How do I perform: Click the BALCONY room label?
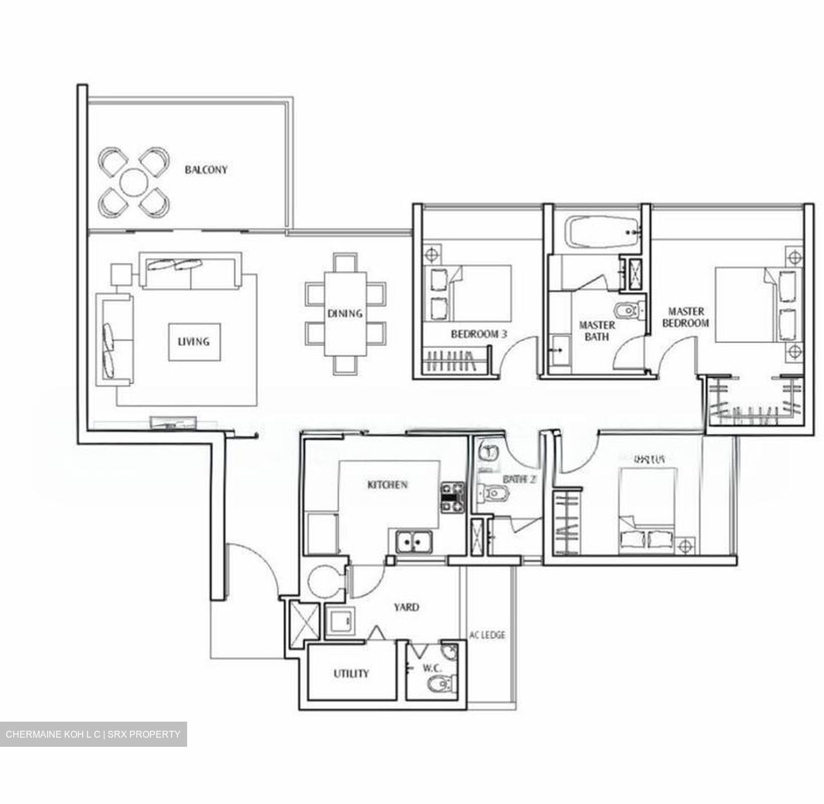(x=205, y=170)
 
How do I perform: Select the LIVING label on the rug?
(x=193, y=342)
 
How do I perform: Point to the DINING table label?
(x=344, y=313)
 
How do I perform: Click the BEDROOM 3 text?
(x=478, y=335)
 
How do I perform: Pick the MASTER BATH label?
(x=597, y=331)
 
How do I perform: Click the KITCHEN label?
(x=387, y=485)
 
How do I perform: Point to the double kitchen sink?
(x=413, y=542)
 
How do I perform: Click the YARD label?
(x=406, y=607)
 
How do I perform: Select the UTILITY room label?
(x=351, y=674)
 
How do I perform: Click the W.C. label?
(x=431, y=667)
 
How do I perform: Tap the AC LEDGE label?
(x=487, y=635)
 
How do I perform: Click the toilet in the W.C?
(x=443, y=682)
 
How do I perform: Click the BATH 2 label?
(x=518, y=480)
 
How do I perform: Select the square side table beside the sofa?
(x=122, y=274)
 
